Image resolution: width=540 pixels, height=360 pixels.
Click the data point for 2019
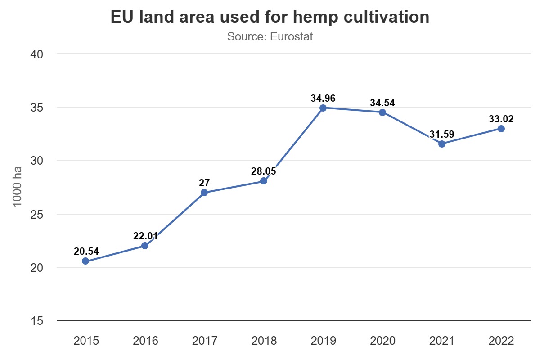click(323, 108)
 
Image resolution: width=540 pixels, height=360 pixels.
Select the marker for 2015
click(85, 261)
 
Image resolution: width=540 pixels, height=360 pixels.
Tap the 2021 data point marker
click(442, 144)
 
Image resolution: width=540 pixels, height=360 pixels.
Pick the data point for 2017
click(204, 193)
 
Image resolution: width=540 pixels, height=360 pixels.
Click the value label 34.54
click(382, 103)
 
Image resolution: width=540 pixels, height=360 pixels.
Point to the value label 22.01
click(145, 236)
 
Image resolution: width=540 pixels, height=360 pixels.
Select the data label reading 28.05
click(264, 171)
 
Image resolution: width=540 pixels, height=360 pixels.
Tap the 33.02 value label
click(501, 119)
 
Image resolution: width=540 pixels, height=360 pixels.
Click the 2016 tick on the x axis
click(145, 341)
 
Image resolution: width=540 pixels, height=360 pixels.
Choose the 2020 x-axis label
click(382, 341)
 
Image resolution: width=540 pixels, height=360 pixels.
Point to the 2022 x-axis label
click(501, 341)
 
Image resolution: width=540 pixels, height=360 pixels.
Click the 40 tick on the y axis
click(36, 54)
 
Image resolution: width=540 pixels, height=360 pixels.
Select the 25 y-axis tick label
click(36, 215)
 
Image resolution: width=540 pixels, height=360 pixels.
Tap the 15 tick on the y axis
click(36, 321)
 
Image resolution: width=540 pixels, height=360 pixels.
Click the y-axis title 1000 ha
click(18, 187)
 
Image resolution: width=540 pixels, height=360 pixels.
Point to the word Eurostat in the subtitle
click(292, 36)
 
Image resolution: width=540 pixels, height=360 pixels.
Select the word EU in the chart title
click(122, 17)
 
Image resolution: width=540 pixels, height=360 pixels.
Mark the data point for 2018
click(264, 181)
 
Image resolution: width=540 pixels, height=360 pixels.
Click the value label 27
click(204, 183)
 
